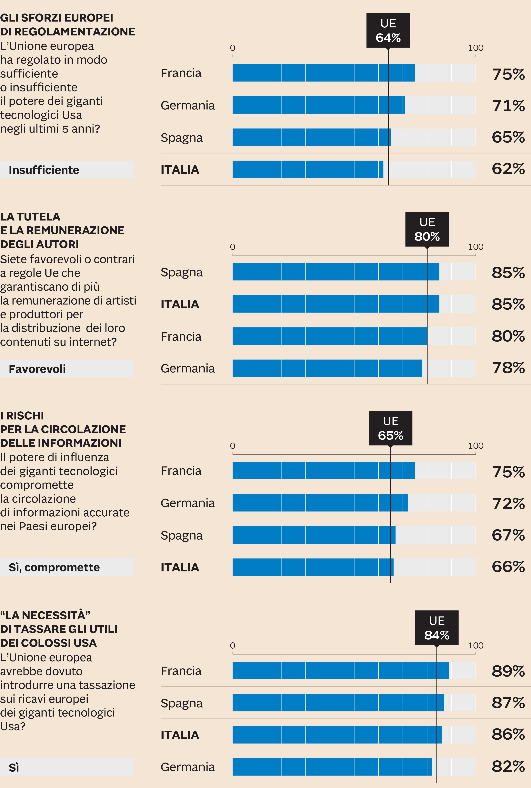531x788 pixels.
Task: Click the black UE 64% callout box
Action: [388, 30]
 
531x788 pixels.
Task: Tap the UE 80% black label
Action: [427, 229]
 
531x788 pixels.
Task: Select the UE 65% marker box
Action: [390, 428]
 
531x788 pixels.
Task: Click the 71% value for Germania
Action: [508, 106]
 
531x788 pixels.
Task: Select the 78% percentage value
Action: [508, 368]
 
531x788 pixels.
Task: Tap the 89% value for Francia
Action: [508, 671]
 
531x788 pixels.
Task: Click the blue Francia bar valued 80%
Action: [329, 336]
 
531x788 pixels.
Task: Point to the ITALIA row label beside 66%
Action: [180, 567]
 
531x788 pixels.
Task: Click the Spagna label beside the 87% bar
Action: [182, 703]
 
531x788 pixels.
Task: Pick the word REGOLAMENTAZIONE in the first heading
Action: [75, 32]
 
